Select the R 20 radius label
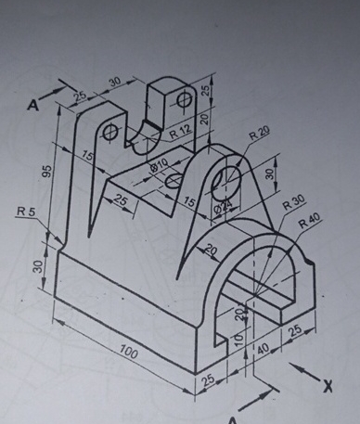coord(259,135)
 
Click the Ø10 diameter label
coord(160,166)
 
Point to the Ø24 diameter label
coord(223,212)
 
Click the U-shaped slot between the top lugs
coord(148,125)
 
